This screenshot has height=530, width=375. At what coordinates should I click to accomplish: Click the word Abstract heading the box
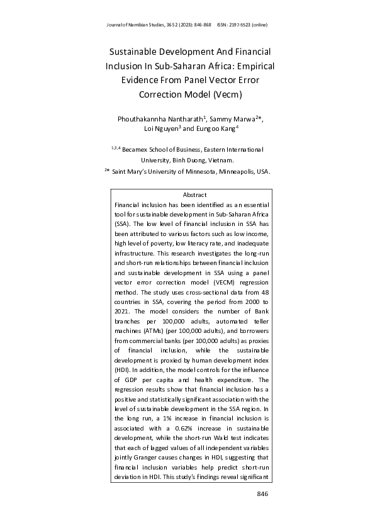click(194, 195)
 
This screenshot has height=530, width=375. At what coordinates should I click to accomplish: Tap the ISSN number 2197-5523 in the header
click(240, 25)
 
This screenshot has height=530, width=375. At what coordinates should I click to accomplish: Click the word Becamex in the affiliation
click(138, 150)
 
